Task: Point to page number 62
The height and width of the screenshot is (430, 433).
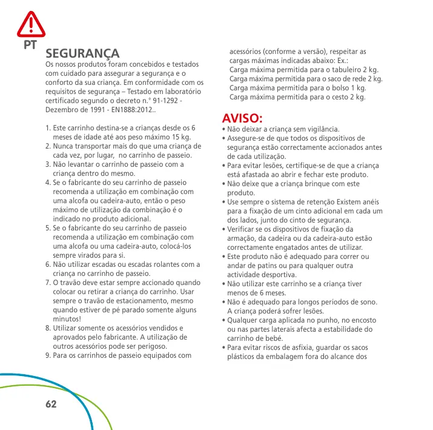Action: [51, 403]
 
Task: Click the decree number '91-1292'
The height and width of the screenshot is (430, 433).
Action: [162, 101]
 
